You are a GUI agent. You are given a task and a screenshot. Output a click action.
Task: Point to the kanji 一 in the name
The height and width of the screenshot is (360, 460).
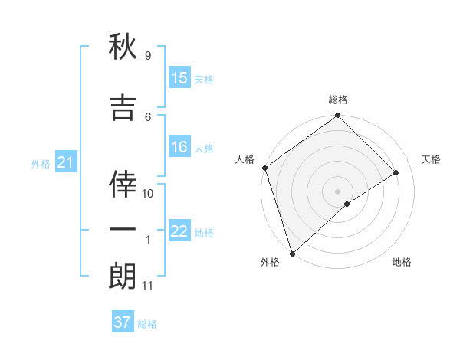(x=123, y=230)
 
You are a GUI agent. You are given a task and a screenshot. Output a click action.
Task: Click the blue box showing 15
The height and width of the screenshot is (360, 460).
(x=179, y=78)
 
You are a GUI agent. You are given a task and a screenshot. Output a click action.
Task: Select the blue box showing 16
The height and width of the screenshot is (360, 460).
(x=179, y=148)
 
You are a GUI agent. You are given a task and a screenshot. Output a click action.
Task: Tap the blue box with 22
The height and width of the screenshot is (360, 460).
(x=179, y=232)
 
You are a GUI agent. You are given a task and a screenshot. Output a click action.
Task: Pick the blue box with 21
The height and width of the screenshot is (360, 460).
(x=65, y=163)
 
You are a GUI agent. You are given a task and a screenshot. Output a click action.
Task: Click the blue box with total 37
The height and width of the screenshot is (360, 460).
(x=123, y=322)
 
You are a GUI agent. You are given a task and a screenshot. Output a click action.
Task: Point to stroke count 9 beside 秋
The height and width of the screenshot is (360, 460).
(x=148, y=56)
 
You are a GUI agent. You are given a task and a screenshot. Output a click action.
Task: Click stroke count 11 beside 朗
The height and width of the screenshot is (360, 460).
(x=147, y=286)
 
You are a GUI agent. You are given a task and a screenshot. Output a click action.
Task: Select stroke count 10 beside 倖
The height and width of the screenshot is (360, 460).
(x=148, y=194)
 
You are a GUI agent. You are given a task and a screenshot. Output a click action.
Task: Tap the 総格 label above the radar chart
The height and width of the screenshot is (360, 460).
(x=338, y=100)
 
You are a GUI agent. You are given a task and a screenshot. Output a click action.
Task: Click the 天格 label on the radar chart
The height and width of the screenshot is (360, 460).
(x=432, y=159)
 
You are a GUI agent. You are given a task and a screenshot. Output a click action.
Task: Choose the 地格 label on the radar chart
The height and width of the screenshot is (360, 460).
(x=402, y=262)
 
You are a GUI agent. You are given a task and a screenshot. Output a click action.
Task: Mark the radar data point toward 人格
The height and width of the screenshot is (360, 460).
(x=264, y=168)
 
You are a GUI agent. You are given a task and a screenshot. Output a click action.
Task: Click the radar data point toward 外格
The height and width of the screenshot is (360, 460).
(x=291, y=253)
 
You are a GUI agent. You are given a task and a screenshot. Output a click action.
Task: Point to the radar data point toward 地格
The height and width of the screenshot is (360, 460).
(x=347, y=204)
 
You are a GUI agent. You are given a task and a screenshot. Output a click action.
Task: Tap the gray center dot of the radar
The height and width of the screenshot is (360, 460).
(x=337, y=191)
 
